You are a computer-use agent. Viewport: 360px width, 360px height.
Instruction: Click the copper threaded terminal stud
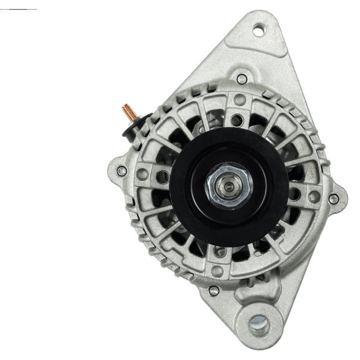coord(128,111)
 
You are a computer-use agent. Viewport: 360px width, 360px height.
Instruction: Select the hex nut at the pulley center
coord(229,186)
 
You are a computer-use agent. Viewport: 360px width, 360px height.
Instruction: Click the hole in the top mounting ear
coord(258,30)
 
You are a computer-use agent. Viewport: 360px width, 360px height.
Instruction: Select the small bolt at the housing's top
coord(242,78)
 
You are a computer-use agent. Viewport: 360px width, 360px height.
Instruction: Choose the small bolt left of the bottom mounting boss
coord(214,290)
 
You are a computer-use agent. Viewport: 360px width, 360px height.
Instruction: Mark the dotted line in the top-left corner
coord(18,9)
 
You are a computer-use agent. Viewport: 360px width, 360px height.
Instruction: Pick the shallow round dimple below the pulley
coord(218,270)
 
